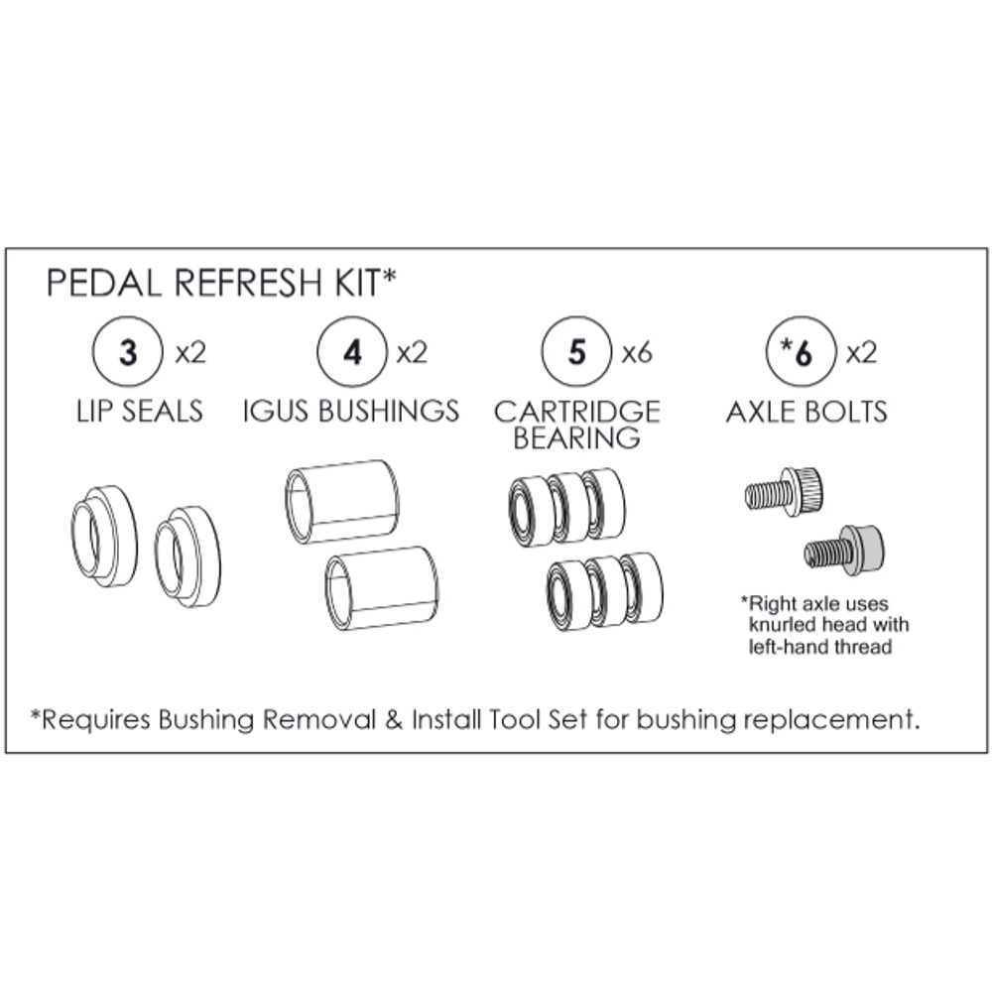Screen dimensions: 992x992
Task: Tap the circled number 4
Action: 352,353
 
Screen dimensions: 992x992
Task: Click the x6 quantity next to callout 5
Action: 636,352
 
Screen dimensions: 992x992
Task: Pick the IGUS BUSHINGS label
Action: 351,410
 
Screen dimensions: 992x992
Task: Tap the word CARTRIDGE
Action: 576,410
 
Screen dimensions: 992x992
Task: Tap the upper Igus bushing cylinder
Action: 341,501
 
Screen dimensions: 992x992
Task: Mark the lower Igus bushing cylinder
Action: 381,587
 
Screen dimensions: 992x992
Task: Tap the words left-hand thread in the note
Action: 819,647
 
